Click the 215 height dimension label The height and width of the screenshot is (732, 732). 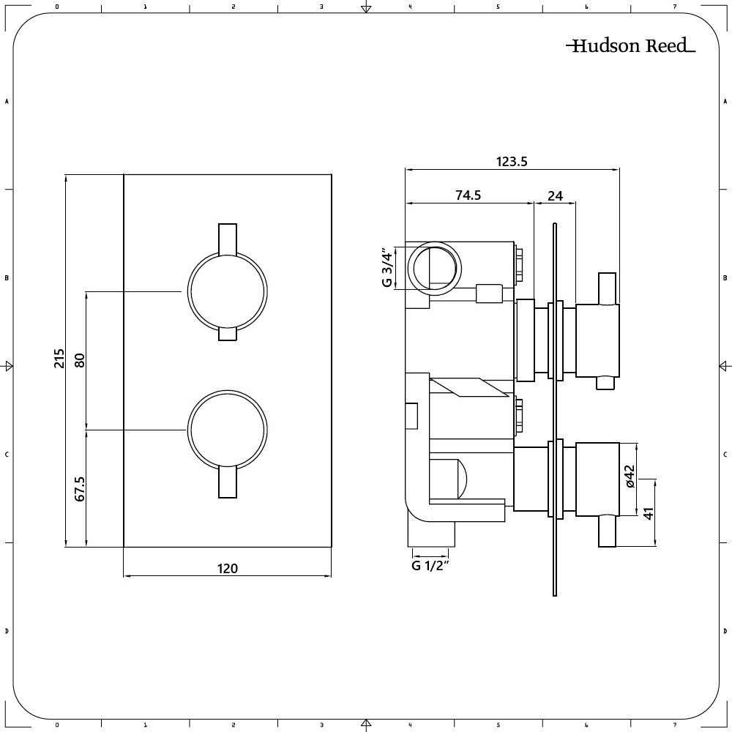59,360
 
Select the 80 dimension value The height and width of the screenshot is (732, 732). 80,360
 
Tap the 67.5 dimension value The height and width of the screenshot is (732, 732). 80,488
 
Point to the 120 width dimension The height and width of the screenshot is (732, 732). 228,568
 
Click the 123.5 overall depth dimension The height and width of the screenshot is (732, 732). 512,163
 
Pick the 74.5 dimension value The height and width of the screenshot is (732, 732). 468,195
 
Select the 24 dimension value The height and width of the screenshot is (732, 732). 555,195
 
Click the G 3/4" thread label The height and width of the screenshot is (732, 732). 388,268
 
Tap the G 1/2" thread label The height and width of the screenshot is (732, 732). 430,565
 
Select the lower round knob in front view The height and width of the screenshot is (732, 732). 227,429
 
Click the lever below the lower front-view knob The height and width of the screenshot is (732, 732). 228,483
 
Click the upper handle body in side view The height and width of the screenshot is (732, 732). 598,340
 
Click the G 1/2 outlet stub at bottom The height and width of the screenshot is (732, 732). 430,535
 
